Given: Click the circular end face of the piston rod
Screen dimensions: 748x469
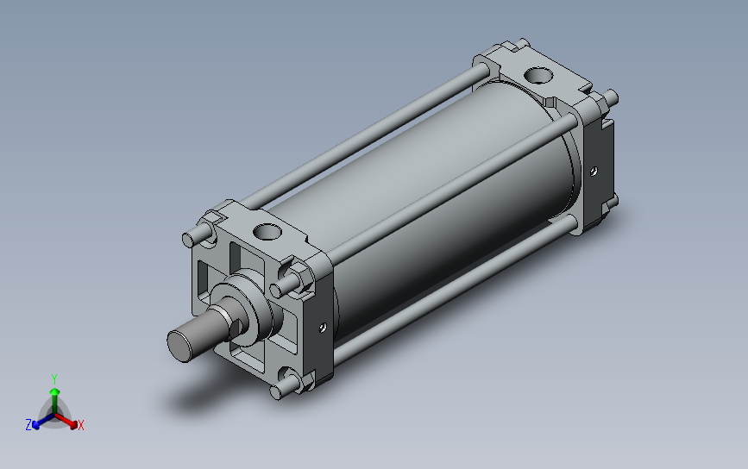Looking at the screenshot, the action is coord(179,346).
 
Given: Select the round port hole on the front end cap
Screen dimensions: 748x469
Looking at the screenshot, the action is coord(267,232).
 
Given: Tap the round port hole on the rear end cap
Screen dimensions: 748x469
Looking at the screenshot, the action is coord(538,75).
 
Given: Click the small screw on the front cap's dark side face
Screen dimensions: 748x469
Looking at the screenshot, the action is coord(323,327).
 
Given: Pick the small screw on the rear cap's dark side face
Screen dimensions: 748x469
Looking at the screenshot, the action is coord(594,171).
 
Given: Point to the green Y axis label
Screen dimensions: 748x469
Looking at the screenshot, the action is coord(54,379).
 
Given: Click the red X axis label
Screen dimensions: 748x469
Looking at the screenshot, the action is coord(80,425).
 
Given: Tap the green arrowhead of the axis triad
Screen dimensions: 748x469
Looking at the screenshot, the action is coord(54,391).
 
